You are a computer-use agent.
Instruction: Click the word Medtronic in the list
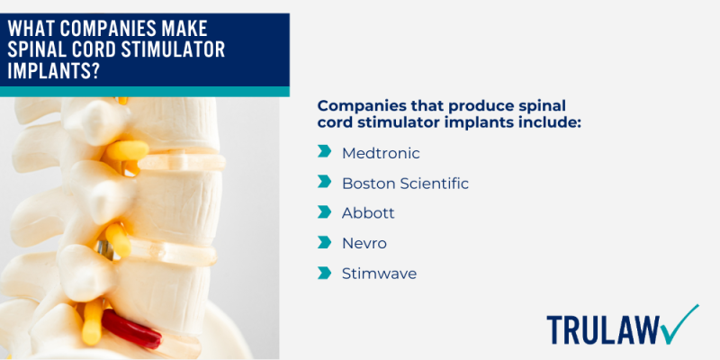tap(381, 153)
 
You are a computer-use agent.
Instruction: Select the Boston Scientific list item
tap(405, 183)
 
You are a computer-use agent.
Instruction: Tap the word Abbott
tap(368, 213)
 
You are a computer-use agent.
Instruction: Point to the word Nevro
tap(364, 243)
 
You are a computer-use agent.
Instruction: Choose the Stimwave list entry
tap(379, 274)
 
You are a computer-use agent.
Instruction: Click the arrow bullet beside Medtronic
tap(324, 153)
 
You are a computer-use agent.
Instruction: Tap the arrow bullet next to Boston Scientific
tap(324, 183)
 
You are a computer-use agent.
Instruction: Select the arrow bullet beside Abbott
tap(324, 213)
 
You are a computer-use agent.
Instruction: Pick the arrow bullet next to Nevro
tap(324, 243)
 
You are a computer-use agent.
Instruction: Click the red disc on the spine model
tap(131, 329)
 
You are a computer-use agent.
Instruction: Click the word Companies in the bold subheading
tap(364, 105)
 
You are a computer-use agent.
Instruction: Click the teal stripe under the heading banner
tap(144, 92)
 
